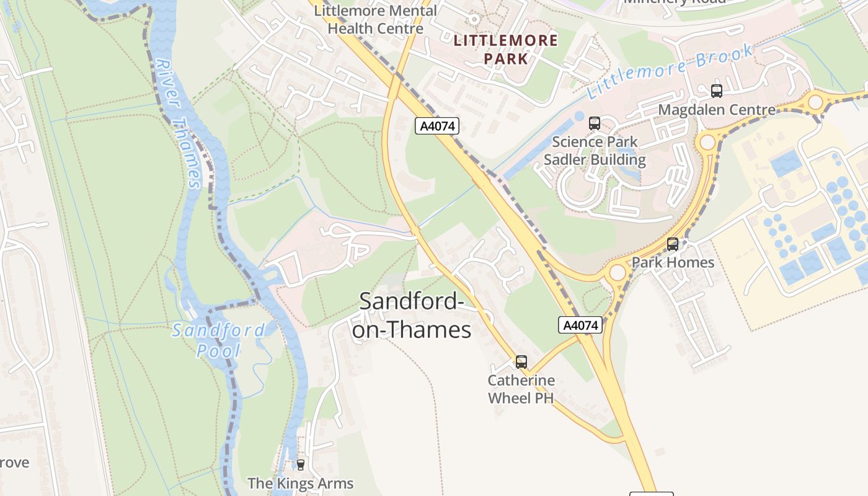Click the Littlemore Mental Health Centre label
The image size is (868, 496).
[376, 20]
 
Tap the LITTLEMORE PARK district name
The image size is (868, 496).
[506, 50]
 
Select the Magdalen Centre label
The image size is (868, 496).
[717, 110]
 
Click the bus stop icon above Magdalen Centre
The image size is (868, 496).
[717, 91]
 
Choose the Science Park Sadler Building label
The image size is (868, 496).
[595, 151]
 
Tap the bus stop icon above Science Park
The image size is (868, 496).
[595, 123]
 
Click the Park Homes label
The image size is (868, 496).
[673, 262]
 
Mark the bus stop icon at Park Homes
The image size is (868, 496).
[673, 244]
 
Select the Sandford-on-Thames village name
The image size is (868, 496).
[412, 316]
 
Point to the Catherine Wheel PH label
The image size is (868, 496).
[521, 389]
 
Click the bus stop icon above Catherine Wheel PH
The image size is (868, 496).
[521, 361]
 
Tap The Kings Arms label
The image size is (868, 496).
[300, 483]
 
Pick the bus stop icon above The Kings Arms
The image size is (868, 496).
[301, 464]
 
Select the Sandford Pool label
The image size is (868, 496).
[218, 340]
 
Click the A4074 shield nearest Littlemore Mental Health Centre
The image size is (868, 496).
[437, 126]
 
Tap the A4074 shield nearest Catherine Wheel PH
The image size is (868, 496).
[580, 325]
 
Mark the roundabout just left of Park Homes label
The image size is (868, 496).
[618, 272]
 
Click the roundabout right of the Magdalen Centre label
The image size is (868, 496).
[815, 102]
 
